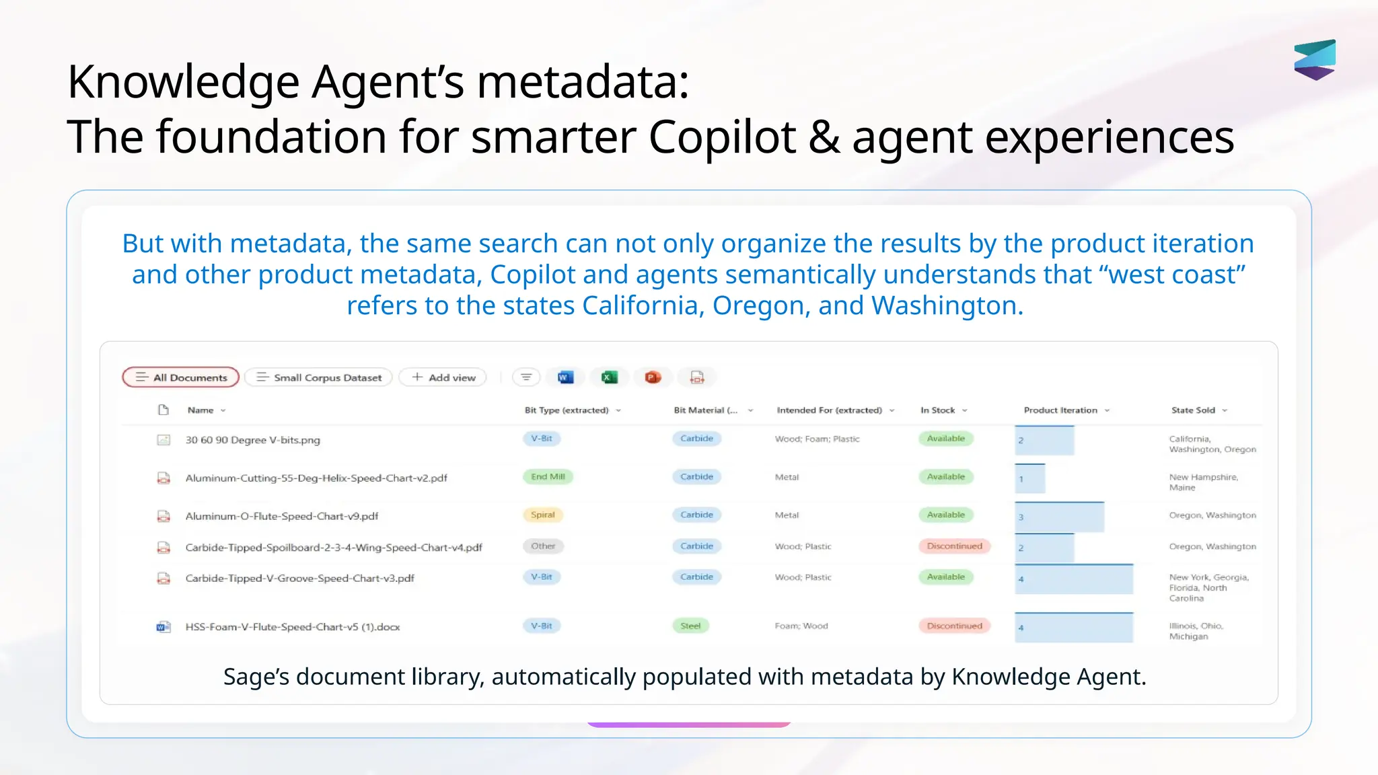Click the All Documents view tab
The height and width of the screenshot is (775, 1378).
180,377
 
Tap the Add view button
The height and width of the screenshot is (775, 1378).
443,377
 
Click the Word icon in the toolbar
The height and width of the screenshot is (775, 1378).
565,377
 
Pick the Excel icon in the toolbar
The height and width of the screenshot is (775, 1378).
609,377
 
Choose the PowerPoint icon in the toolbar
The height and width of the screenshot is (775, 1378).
653,377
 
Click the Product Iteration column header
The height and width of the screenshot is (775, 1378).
1060,410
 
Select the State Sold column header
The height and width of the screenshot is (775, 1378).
1193,410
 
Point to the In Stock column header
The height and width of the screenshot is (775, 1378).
938,410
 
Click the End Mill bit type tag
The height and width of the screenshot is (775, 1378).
548,477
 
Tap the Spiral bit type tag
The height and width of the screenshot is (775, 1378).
542,515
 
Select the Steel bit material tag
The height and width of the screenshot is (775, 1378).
690,626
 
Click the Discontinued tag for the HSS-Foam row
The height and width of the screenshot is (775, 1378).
954,626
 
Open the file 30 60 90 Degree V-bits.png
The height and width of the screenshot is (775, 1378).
253,440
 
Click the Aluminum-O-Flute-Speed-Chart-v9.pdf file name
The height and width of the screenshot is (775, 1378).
282,517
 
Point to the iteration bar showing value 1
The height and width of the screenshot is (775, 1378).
1030,479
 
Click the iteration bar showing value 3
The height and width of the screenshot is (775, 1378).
1059,517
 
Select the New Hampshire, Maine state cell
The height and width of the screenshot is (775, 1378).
1203,482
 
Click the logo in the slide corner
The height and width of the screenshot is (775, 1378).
1315,60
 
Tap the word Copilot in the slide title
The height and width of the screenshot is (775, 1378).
722,137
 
